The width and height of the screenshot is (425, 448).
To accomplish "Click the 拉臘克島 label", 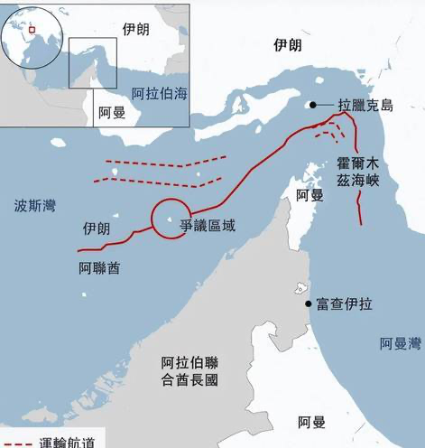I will point(365,106).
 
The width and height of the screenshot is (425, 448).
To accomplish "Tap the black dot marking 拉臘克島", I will point(313,105).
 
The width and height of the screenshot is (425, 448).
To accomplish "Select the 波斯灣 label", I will point(34,206).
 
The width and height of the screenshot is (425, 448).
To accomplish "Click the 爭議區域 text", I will point(208,226).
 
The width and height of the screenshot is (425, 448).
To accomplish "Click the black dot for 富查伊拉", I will point(309,305).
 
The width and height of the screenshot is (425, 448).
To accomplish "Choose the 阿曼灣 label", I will point(401,343).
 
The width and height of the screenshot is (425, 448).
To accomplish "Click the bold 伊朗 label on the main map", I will point(288,45).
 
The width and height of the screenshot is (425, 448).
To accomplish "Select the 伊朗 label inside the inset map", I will point(136,29).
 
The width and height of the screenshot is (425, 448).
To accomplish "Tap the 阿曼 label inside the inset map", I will point(111,113).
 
